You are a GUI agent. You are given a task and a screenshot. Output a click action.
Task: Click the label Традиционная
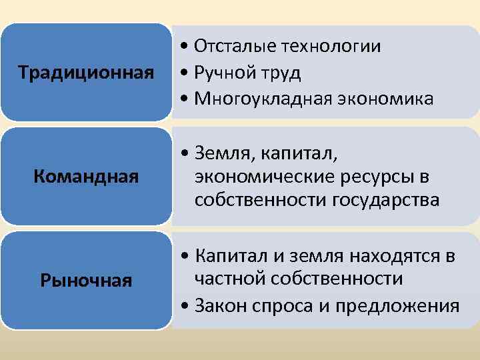pyautogui.click(x=86, y=72)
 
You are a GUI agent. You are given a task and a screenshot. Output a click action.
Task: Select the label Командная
pyautogui.click(x=86, y=177)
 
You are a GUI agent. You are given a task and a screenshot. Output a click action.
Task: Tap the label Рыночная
pyautogui.click(x=86, y=281)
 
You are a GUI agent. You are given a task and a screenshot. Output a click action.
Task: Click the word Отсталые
pyautogui.click(x=235, y=46)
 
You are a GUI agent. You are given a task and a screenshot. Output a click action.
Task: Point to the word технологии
pyautogui.click(x=331, y=46)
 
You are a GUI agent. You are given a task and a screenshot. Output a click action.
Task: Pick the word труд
pyautogui.click(x=281, y=73)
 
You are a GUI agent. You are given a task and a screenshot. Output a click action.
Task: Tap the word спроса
pyautogui.click(x=277, y=307)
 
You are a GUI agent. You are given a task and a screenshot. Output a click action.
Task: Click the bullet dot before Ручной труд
pyautogui.click(x=183, y=73)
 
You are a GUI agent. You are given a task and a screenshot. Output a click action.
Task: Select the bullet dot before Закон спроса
pyautogui.click(x=183, y=306)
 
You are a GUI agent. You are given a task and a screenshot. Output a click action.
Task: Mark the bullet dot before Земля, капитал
pyautogui.click(x=183, y=155)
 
